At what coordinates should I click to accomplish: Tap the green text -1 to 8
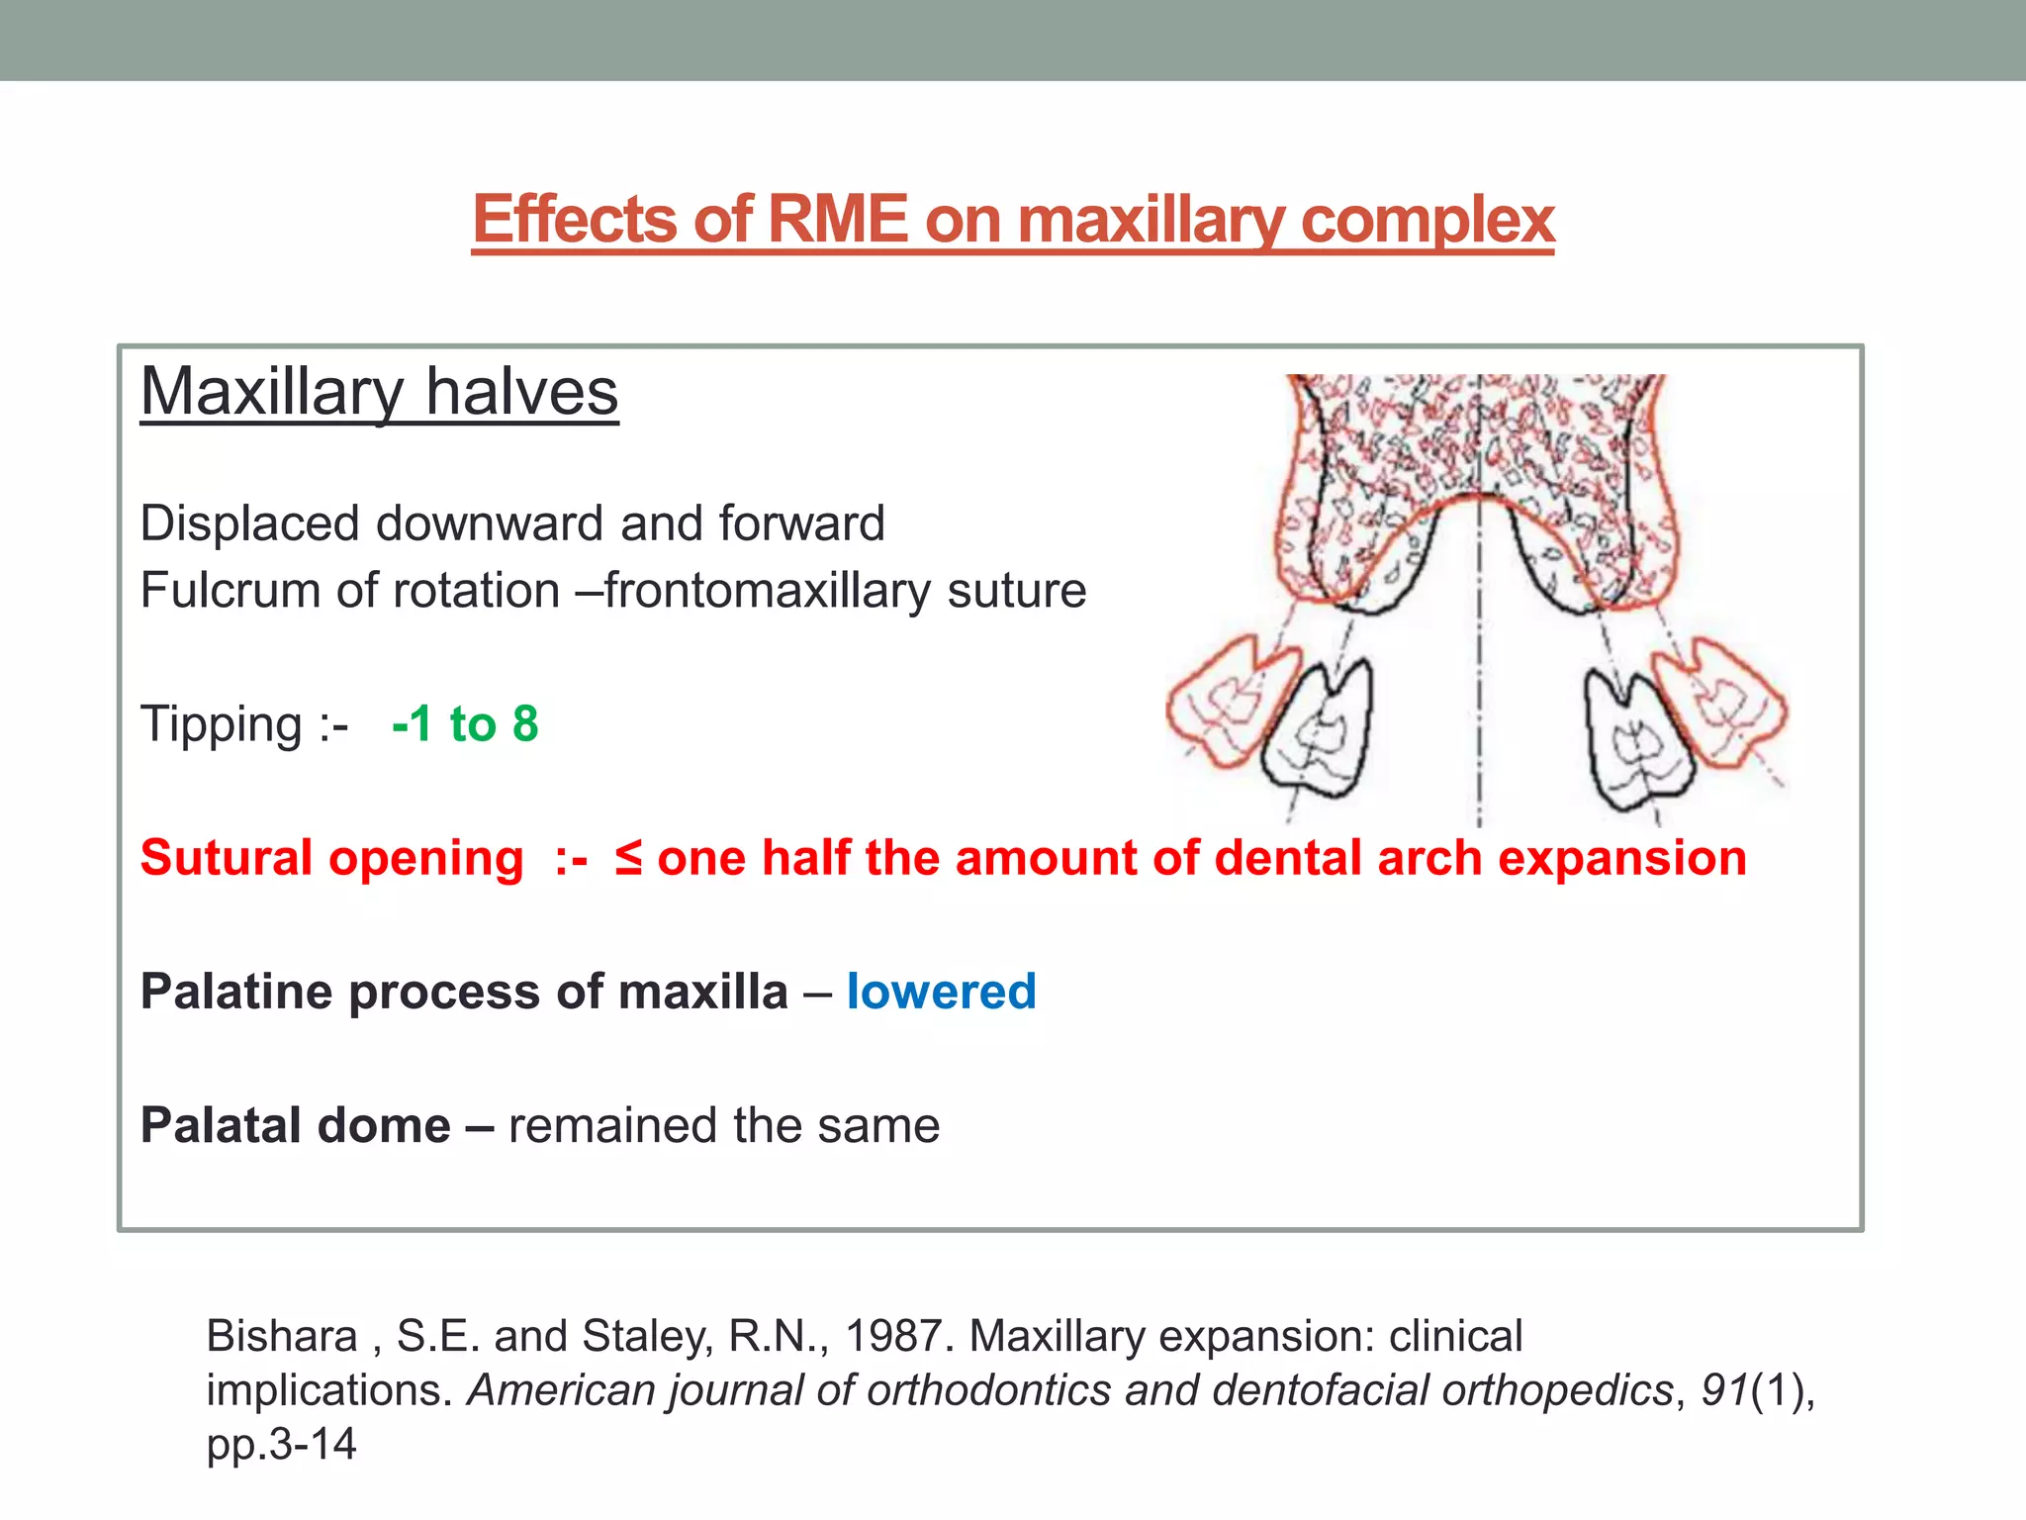tap(465, 723)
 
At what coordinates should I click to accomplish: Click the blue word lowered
tap(941, 992)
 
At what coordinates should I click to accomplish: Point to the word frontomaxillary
tap(772, 591)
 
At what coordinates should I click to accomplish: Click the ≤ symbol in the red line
tap(628, 857)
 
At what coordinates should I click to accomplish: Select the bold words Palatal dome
tap(295, 1125)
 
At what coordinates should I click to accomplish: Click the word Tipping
tap(221, 725)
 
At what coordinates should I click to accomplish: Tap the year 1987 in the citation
tap(898, 1336)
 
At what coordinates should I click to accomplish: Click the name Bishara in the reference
tap(281, 1336)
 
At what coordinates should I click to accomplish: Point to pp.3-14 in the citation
tap(281, 1444)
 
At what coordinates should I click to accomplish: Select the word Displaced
tap(248, 523)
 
